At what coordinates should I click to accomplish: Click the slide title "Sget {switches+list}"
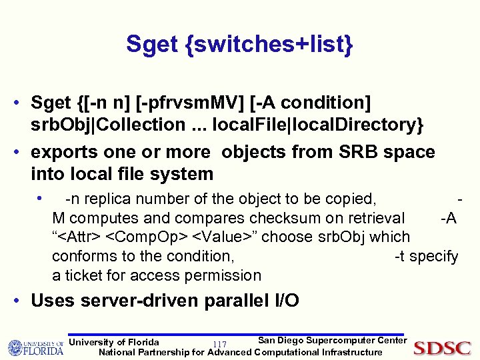239,45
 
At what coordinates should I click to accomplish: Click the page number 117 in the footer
219,344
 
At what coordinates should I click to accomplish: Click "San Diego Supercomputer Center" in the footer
332,341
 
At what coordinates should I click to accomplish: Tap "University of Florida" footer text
114,343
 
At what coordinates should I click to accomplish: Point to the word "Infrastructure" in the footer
352,352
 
